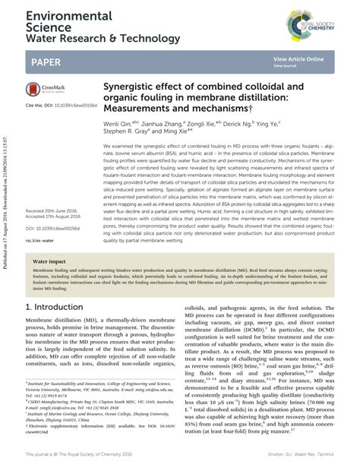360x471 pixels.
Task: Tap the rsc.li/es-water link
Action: [37, 219]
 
